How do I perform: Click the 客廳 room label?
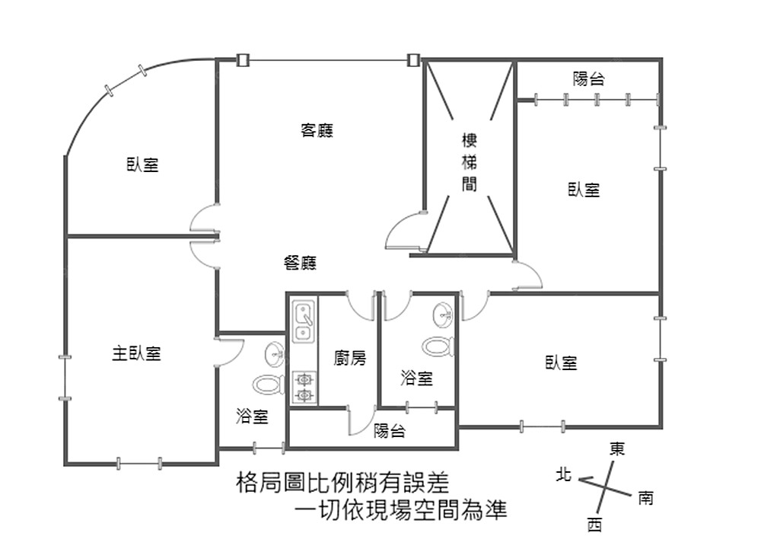pos(317,130)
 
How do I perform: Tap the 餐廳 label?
pos(300,263)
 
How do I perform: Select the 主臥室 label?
pos(137,353)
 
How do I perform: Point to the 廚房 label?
pos(350,357)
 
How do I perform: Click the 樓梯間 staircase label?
pos(470,162)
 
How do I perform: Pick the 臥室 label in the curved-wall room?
pos(142,164)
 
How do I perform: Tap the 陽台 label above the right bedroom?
pos(589,78)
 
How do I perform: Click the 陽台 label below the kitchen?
pos(390,432)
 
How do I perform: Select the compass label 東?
pos(617,449)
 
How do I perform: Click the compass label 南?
pos(645,500)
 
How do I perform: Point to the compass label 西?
pos(594,524)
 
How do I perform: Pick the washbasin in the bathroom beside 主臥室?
pos(275,353)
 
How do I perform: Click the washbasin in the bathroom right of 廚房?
pos(442,314)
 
